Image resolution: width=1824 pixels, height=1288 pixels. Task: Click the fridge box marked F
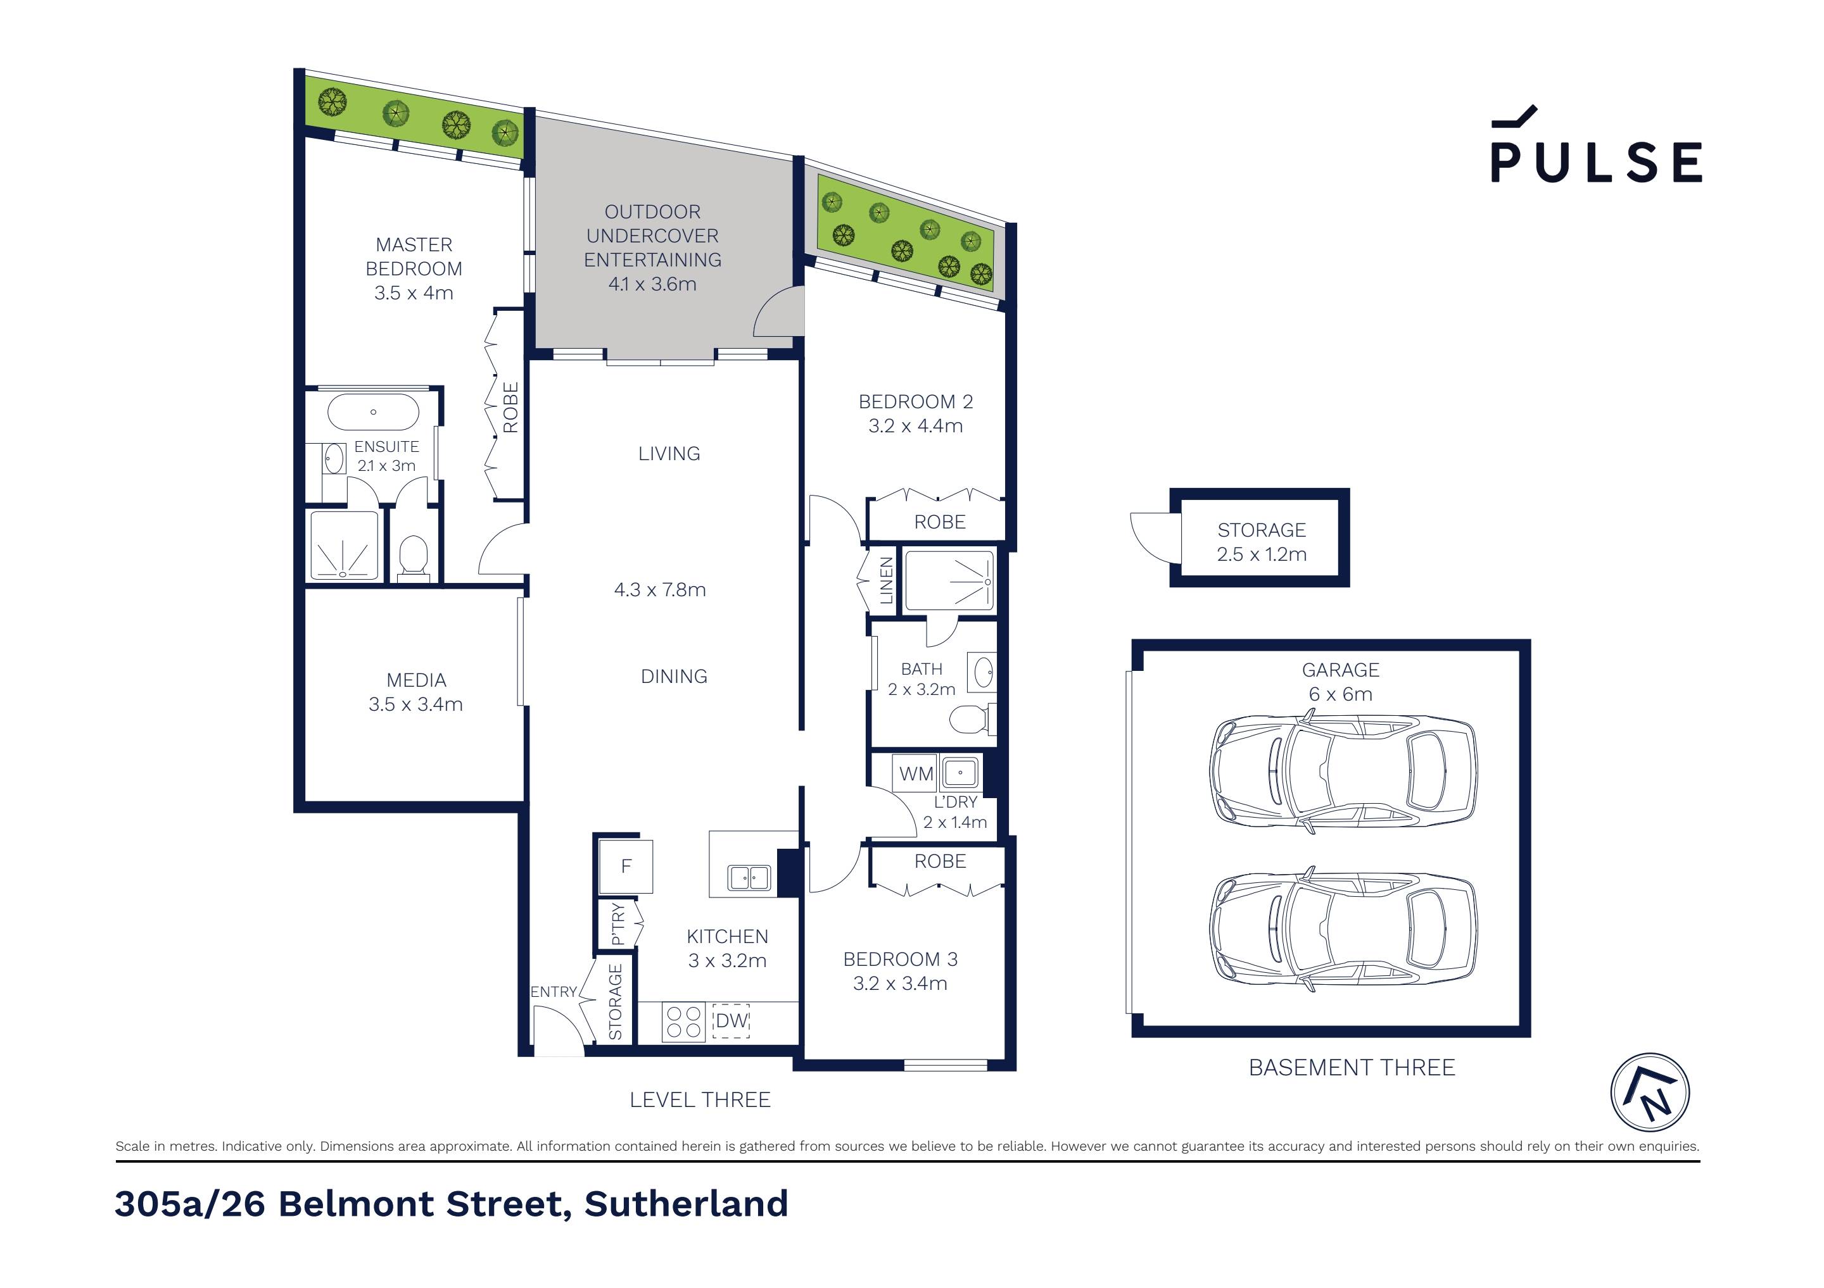click(x=626, y=866)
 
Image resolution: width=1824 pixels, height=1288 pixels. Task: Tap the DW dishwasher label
click(x=731, y=1020)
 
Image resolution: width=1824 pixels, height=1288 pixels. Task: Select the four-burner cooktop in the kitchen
click(x=683, y=1022)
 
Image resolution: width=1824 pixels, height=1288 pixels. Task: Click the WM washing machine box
click(x=915, y=773)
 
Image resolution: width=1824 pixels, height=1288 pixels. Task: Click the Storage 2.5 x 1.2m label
click(x=1261, y=542)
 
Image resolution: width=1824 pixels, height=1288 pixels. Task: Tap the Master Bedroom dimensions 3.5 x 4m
click(x=414, y=293)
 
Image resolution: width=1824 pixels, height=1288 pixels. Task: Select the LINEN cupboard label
click(x=887, y=580)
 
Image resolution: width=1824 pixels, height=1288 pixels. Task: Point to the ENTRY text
click(x=553, y=992)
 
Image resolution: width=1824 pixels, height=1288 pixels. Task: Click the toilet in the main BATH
click(x=968, y=720)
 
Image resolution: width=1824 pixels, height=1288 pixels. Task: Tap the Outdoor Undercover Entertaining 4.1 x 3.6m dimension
click(x=652, y=284)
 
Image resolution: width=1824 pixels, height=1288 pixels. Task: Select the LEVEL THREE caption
click(x=700, y=1100)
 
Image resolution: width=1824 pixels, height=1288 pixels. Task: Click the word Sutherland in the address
click(x=686, y=1204)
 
